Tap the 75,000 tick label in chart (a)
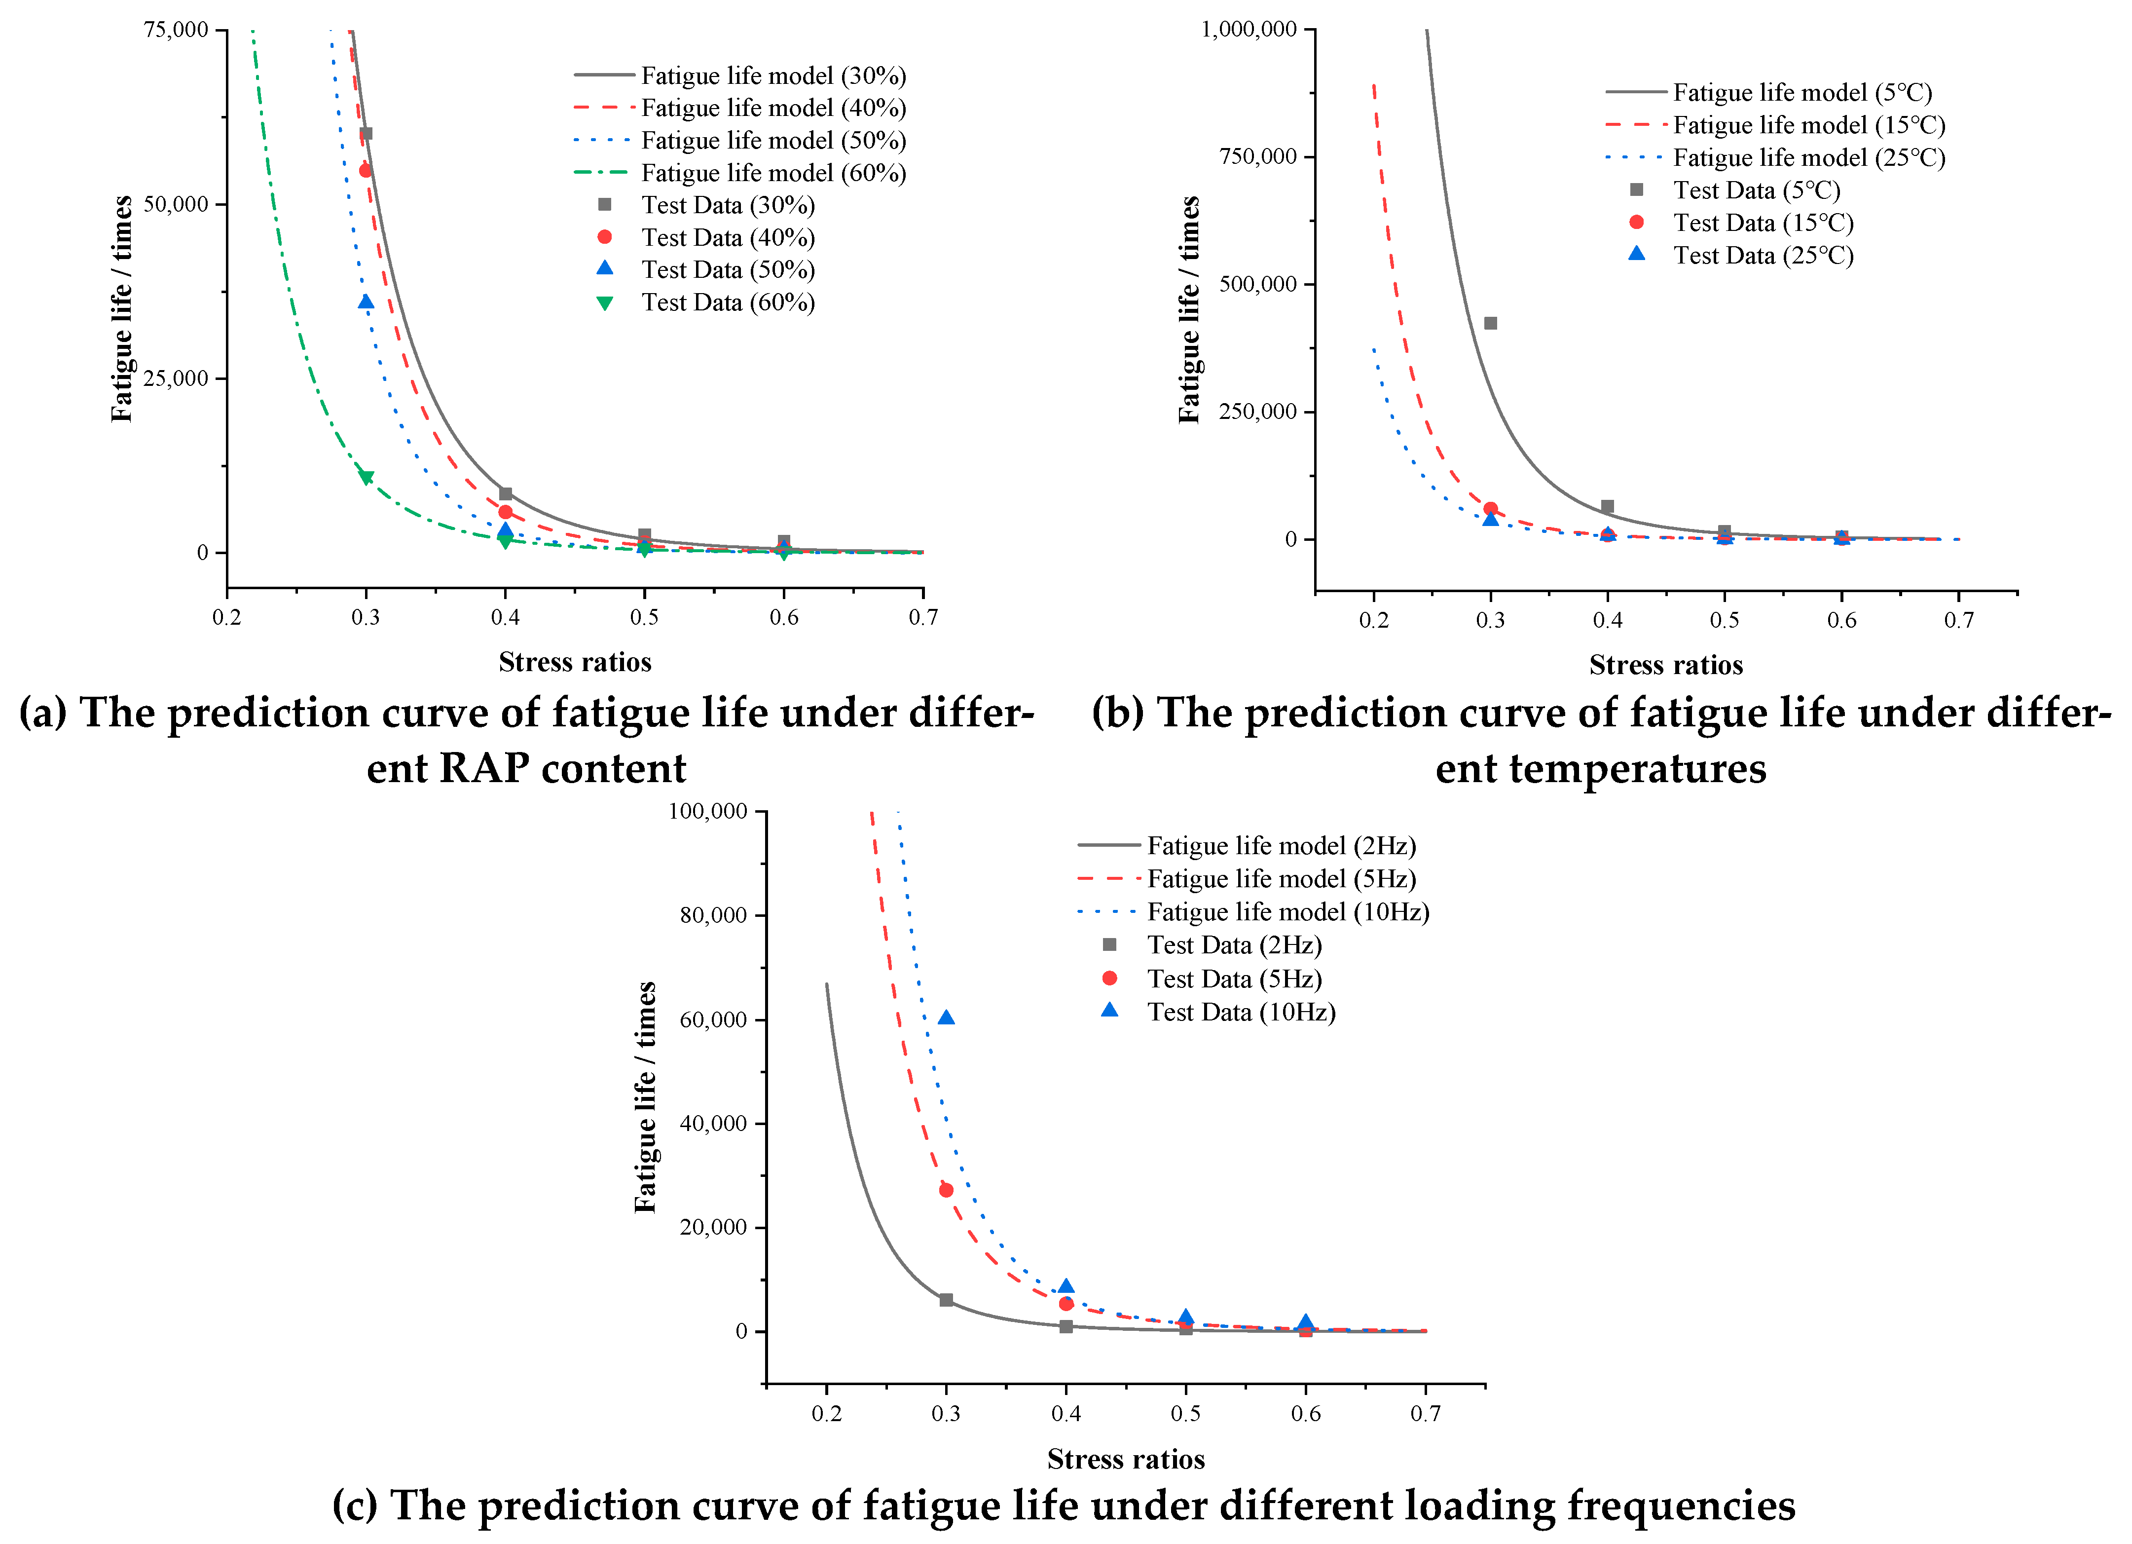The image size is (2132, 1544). (x=176, y=30)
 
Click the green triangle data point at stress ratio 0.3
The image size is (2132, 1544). (x=366, y=478)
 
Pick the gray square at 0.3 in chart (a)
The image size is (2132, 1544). (x=366, y=134)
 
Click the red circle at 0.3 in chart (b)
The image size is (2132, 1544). (x=1490, y=509)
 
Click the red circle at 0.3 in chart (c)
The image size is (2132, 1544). (x=946, y=1190)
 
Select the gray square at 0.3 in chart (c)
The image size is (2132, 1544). (x=946, y=1300)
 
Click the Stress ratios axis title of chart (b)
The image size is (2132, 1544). (x=1666, y=666)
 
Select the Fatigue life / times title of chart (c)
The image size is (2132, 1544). (x=645, y=1097)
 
